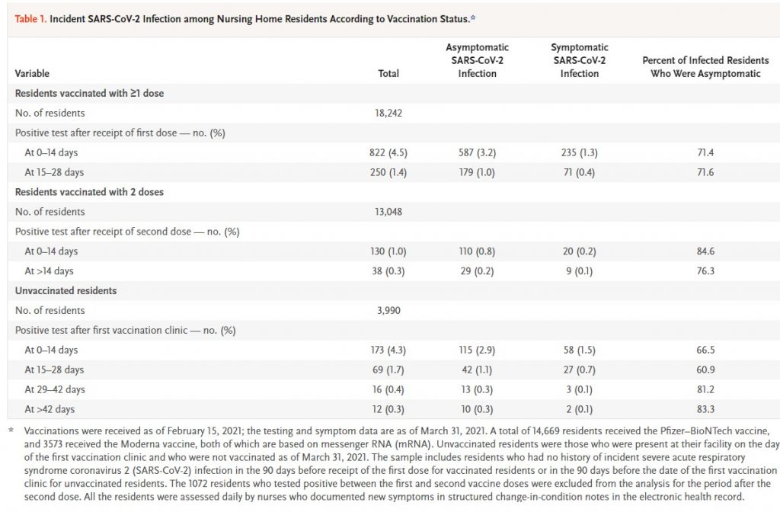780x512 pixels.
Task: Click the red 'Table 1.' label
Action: (x=30, y=19)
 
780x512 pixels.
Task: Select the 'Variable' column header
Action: (x=32, y=73)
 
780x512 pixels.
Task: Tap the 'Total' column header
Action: (x=388, y=73)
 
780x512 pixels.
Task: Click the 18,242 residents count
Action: (x=388, y=113)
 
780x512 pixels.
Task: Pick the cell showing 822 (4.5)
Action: (x=388, y=152)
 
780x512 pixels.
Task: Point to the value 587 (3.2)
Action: (x=477, y=152)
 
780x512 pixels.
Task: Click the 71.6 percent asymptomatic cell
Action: (x=705, y=172)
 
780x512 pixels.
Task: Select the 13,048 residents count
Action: (x=388, y=212)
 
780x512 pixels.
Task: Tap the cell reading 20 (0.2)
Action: (x=580, y=251)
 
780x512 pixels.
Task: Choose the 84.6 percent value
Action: (x=705, y=251)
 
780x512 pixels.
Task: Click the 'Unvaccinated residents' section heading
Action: (x=66, y=290)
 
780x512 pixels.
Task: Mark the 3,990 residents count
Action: (x=388, y=311)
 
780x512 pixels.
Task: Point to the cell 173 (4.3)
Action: (x=388, y=350)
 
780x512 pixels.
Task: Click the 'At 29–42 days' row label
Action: (x=55, y=389)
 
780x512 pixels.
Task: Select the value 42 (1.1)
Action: (x=477, y=370)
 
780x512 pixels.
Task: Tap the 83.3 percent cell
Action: (x=705, y=409)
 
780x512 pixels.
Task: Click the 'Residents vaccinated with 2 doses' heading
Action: (x=89, y=192)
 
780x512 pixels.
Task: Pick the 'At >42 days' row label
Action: (x=50, y=409)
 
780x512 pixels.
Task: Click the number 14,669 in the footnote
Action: (x=523, y=431)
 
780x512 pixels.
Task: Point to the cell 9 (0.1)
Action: (x=580, y=271)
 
